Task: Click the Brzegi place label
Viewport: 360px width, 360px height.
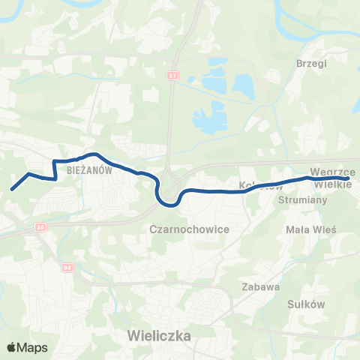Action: pyautogui.click(x=313, y=64)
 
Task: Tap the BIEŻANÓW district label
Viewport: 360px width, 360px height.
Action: pyautogui.click(x=89, y=170)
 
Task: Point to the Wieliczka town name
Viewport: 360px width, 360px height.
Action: pyautogui.click(x=160, y=334)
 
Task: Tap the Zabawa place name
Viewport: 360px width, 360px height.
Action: pyautogui.click(x=261, y=286)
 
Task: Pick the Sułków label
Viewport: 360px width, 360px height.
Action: pyautogui.click(x=305, y=304)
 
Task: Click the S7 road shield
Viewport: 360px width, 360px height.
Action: pyautogui.click(x=174, y=76)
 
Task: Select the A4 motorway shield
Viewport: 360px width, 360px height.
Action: pyautogui.click(x=40, y=226)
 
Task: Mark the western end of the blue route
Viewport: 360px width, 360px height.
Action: pyautogui.click(x=12, y=190)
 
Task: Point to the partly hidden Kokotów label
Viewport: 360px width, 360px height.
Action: pyautogui.click(x=252, y=184)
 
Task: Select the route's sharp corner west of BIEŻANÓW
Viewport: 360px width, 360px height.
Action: pyautogui.click(x=54, y=161)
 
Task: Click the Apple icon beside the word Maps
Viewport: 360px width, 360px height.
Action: pyautogui.click(x=11, y=347)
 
